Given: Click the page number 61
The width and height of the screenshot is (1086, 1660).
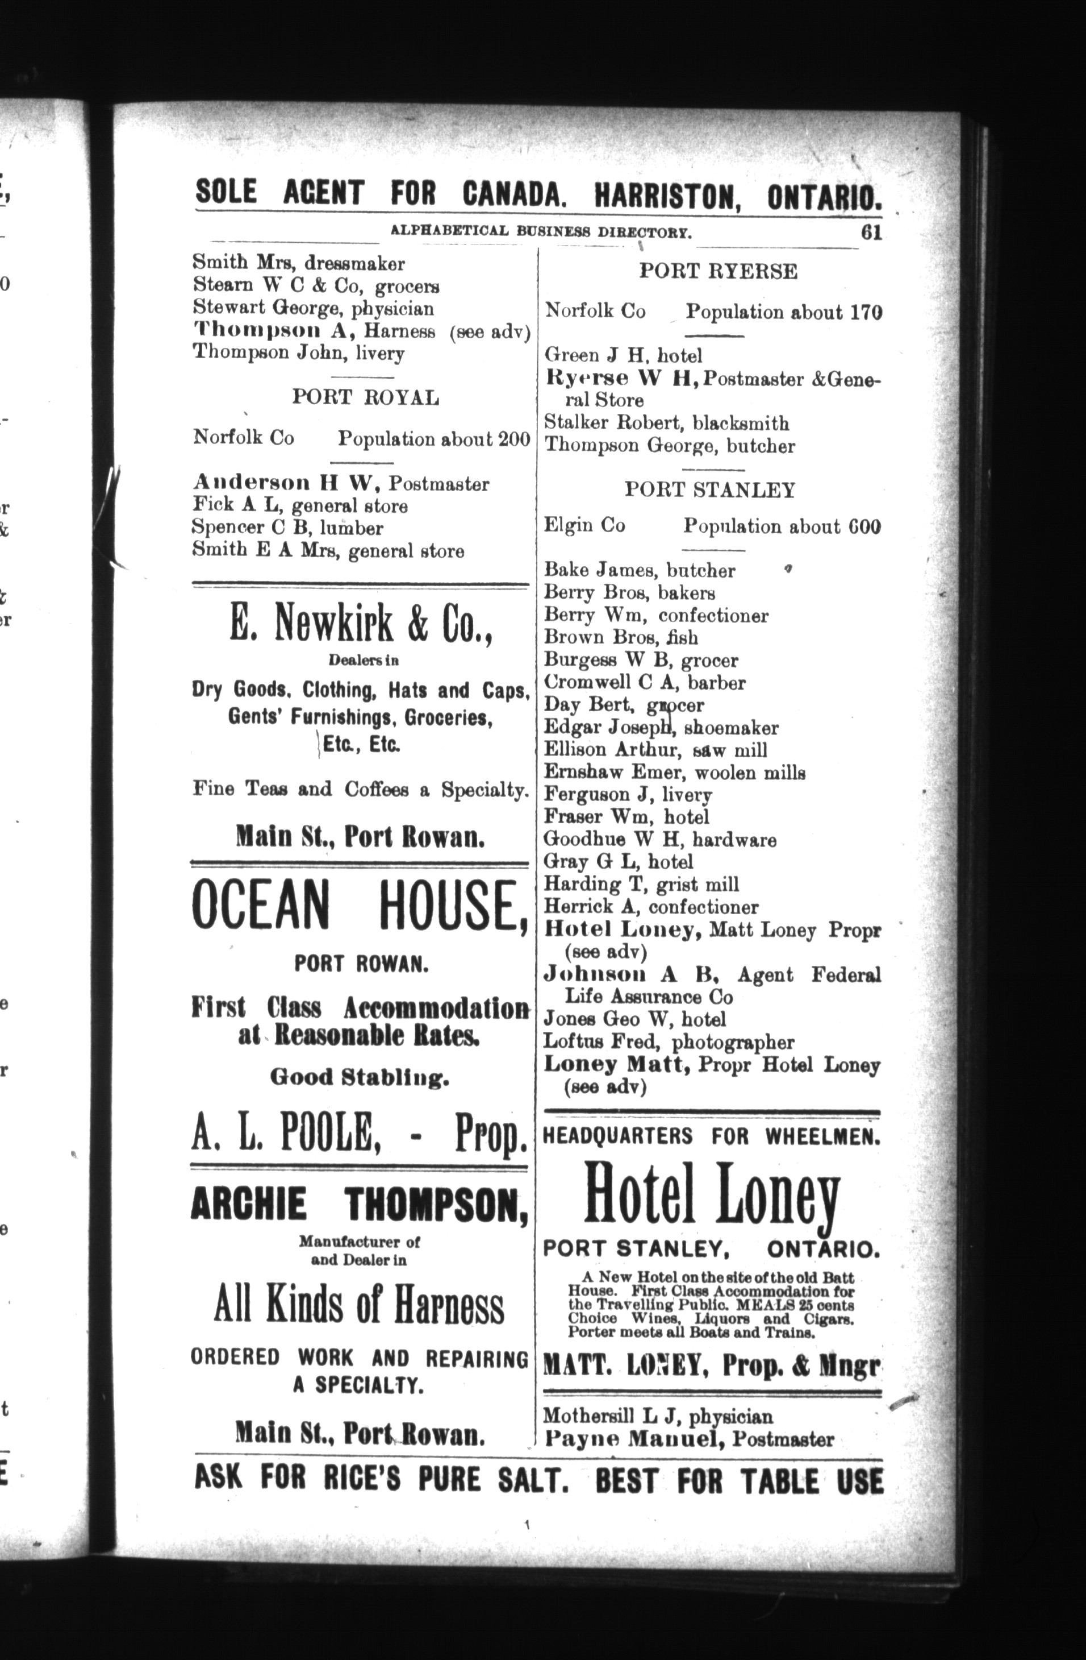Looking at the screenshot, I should click(x=871, y=233).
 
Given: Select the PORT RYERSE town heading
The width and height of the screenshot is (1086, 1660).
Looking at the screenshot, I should click(x=718, y=271).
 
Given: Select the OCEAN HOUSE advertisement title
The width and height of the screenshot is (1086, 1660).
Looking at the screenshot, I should click(x=359, y=906).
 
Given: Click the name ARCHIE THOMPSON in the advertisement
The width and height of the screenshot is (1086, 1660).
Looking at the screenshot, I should click(x=359, y=1205).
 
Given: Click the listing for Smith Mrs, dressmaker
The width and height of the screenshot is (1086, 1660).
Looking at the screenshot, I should click(x=298, y=264).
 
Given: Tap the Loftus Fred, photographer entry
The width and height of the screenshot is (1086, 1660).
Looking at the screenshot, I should click(x=669, y=1042).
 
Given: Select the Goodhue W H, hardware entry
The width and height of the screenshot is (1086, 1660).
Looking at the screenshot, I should click(x=659, y=840).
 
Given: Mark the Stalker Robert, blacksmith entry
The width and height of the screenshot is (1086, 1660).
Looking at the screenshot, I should click(x=666, y=424).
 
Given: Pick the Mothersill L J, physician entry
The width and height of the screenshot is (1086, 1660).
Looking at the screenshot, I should click(x=658, y=1417).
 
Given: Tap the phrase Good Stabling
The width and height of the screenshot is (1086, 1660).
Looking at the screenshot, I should click(x=359, y=1078).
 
